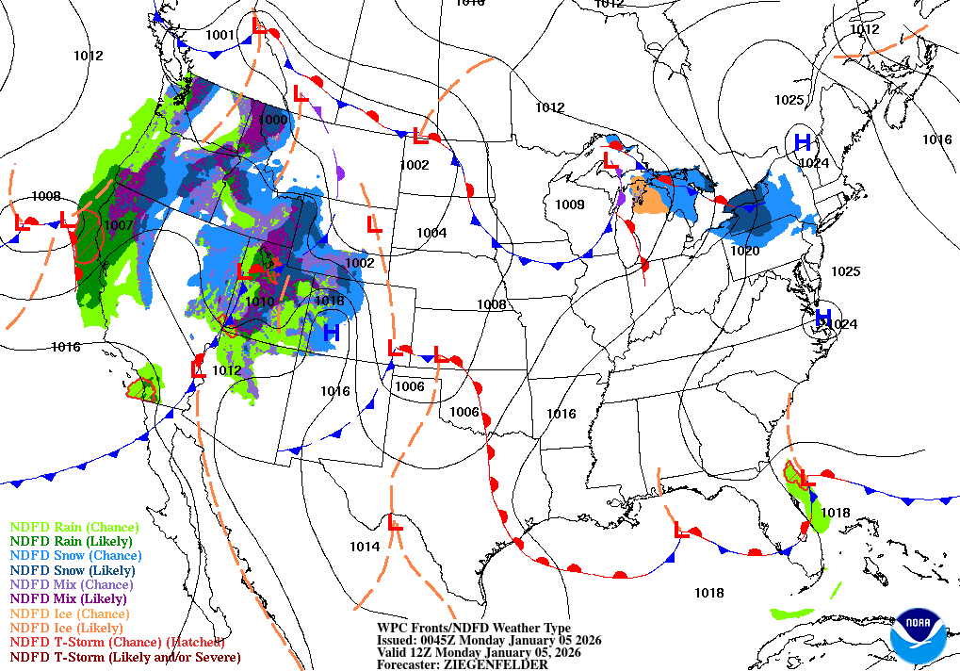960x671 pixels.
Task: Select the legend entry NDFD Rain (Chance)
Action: pos(73,528)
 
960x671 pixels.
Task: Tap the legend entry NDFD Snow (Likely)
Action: pos(73,570)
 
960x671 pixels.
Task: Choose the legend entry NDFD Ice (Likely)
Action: pos(66,627)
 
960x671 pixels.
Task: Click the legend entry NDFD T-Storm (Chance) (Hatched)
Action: pos(104,642)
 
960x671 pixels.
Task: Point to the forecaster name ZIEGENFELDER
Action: pos(500,664)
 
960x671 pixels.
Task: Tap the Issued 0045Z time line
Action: pos(488,640)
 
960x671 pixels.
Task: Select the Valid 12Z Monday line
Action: pos(478,652)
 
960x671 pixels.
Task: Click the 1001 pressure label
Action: pos(220,36)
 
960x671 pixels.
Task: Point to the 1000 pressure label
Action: pos(273,120)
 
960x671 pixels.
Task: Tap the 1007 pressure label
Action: pos(119,226)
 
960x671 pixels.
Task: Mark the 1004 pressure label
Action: pos(431,233)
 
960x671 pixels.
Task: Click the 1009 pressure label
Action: pos(569,205)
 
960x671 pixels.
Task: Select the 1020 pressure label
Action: pos(744,251)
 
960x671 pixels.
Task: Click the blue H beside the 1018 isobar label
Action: pos(331,333)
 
